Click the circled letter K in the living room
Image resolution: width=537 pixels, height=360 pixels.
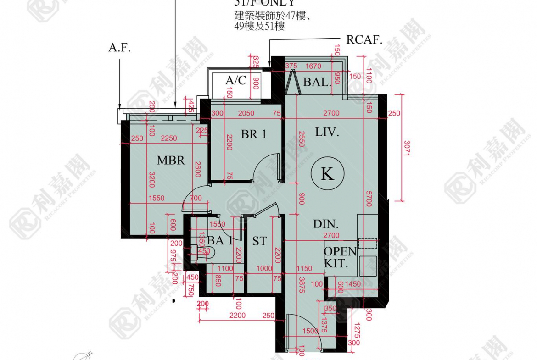coord(327,174)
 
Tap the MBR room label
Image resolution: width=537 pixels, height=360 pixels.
coord(171,160)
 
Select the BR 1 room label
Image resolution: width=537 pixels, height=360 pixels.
coord(254,134)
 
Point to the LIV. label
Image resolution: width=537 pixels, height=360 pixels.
coord(327,133)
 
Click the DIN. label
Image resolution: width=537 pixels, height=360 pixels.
coord(326,224)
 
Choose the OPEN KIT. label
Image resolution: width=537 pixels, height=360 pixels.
coord(340,257)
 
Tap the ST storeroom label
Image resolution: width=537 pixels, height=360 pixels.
coord(259,241)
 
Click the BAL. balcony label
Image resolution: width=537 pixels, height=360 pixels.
coord(317,83)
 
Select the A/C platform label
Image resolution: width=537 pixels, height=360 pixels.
coord(236,81)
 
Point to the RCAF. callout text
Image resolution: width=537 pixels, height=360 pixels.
coord(364,40)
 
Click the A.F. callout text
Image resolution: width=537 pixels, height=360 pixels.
coord(119,48)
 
